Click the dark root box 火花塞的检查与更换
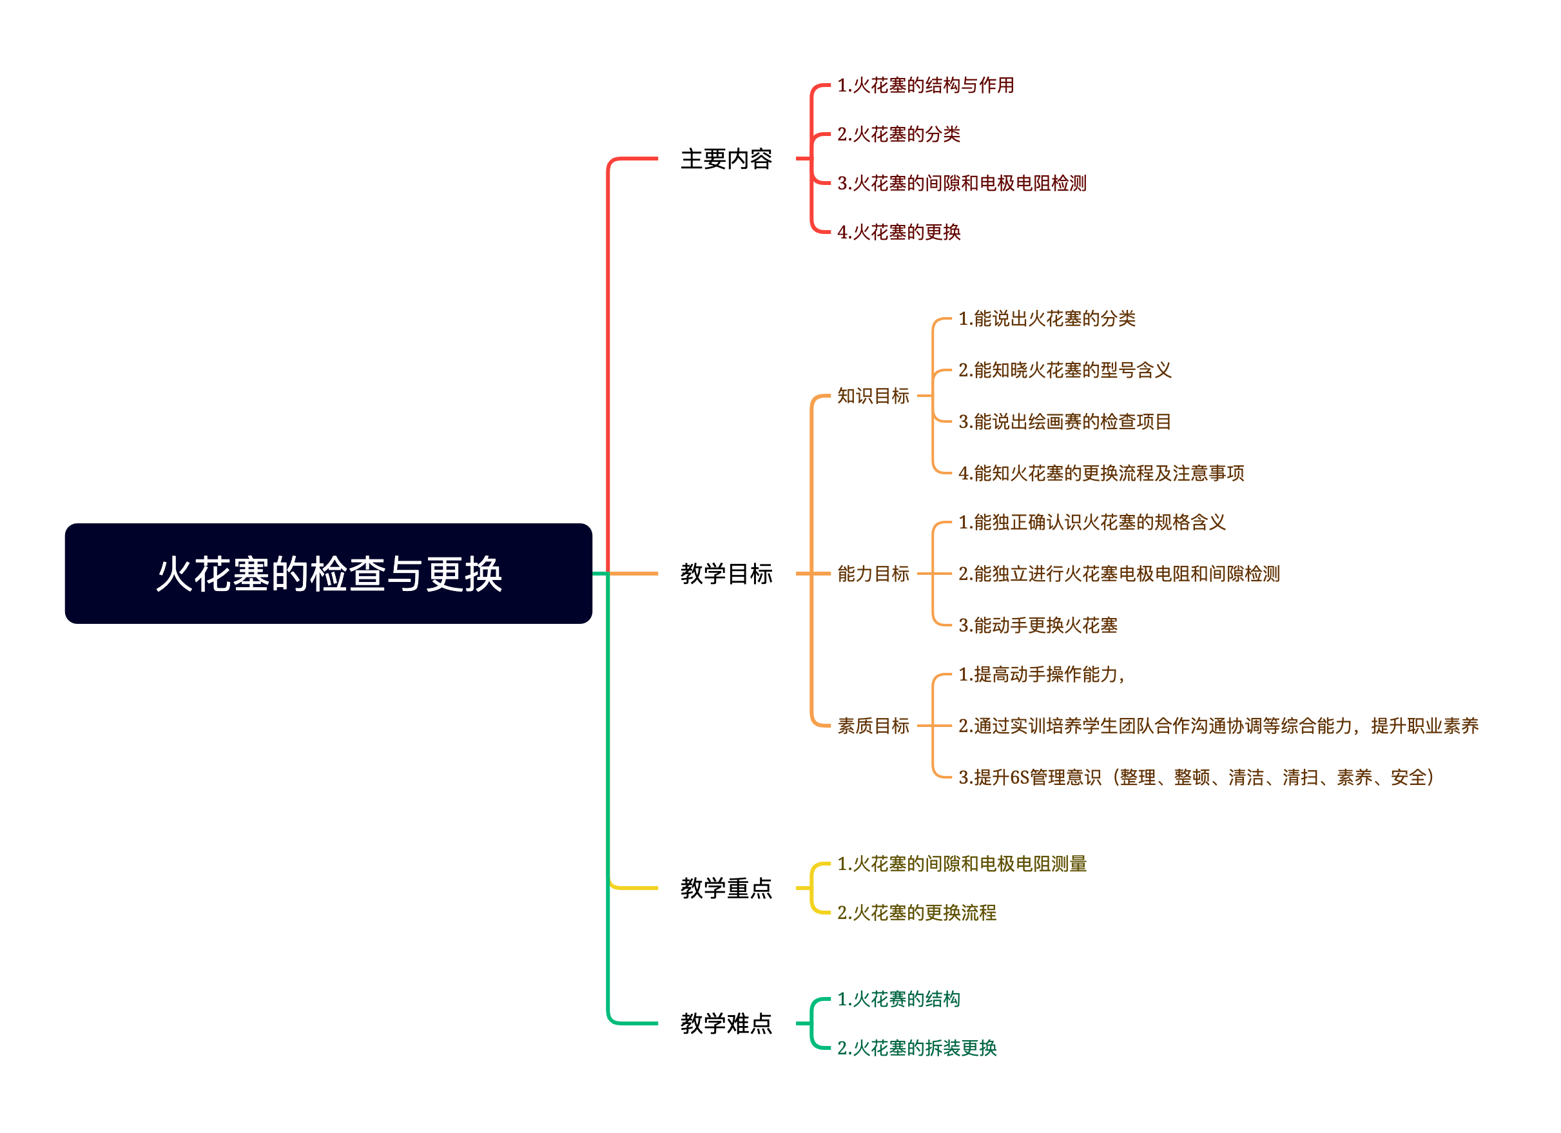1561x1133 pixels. pos(328,574)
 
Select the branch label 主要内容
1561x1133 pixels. pos(726,159)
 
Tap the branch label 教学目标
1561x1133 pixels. pos(726,574)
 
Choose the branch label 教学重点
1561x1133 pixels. pos(726,888)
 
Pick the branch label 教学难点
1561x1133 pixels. pos(726,1023)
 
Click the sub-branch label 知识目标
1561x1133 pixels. pos(873,396)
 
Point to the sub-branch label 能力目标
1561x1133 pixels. pos(873,574)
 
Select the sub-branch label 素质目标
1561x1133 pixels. pos(873,726)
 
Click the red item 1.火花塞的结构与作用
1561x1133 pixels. pos(925,85)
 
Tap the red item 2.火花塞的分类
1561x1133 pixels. pos(898,134)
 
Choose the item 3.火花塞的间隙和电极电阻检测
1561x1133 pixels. pos(962,183)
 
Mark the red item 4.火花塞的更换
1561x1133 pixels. pos(898,232)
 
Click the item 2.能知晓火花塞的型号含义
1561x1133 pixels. pos(1064,371)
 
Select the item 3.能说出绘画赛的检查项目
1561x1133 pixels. pos(1064,421)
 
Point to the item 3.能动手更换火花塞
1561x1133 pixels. pos(1037,625)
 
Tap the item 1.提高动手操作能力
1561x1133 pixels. pos(1041,675)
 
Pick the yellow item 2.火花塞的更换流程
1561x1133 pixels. pos(916,913)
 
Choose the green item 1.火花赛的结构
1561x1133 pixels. pos(898,999)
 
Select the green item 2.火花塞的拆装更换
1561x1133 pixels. pos(916,1048)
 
